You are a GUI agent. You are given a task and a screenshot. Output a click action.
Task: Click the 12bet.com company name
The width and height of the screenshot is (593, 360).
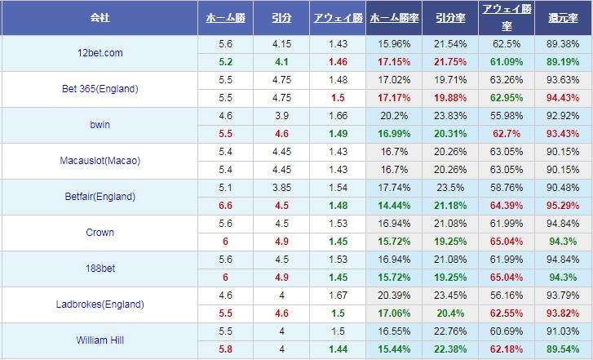pyautogui.click(x=101, y=52)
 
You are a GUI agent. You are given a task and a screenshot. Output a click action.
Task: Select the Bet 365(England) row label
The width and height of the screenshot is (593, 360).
pyautogui.click(x=101, y=88)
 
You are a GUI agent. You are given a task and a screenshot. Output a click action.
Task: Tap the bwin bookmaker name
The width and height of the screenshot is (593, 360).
pyautogui.click(x=101, y=124)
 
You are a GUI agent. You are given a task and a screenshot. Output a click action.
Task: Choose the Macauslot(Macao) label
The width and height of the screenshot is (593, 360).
pyautogui.click(x=101, y=160)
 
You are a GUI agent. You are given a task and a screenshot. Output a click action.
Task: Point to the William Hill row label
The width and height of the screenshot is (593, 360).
pyautogui.click(x=101, y=340)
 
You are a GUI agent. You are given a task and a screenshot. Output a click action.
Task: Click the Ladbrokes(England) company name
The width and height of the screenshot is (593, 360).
pyautogui.click(x=101, y=304)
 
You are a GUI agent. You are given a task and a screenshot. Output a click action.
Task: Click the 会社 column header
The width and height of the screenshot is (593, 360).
pyautogui.click(x=101, y=17)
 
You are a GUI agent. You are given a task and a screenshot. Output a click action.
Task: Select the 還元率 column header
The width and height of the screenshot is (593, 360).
pyautogui.click(x=564, y=17)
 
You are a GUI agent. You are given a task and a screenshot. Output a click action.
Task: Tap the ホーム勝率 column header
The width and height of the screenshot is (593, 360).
pyautogui.click(x=395, y=17)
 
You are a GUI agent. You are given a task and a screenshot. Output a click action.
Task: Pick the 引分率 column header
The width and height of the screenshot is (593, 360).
pyautogui.click(x=450, y=17)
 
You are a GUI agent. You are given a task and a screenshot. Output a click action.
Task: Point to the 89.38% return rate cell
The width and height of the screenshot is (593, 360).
pyautogui.click(x=564, y=43)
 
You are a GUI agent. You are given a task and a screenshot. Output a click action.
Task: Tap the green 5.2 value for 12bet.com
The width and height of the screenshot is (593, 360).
pyautogui.click(x=226, y=61)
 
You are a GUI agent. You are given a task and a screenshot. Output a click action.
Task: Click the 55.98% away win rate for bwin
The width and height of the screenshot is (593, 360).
pyautogui.click(x=507, y=115)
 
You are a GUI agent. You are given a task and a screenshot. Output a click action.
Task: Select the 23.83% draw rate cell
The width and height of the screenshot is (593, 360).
pyautogui.click(x=450, y=115)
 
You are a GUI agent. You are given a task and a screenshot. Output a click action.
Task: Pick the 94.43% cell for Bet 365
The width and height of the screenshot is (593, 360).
pyautogui.click(x=564, y=97)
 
